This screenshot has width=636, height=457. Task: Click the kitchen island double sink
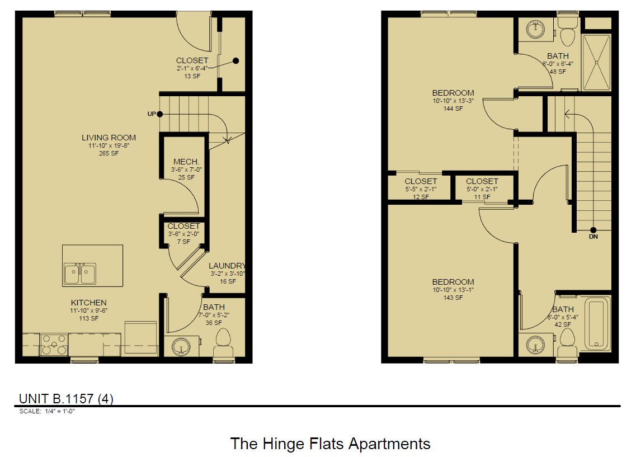tap(79, 274)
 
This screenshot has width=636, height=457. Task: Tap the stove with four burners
tap(54, 344)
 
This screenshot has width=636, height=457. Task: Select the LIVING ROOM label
tap(109, 138)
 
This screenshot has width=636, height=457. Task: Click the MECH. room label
tap(183, 162)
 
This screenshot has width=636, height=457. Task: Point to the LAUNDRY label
tap(227, 266)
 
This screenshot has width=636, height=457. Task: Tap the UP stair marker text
tap(151, 114)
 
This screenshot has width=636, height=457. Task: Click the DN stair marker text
tap(593, 237)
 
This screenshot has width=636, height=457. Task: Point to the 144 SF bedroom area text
tap(453, 109)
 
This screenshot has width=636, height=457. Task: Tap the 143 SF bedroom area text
tap(453, 298)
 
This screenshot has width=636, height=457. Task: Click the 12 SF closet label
tap(421, 181)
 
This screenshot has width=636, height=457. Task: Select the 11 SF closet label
tap(482, 181)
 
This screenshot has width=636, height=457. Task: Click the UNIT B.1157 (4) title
tap(66, 398)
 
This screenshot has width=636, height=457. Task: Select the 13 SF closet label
tap(192, 60)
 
